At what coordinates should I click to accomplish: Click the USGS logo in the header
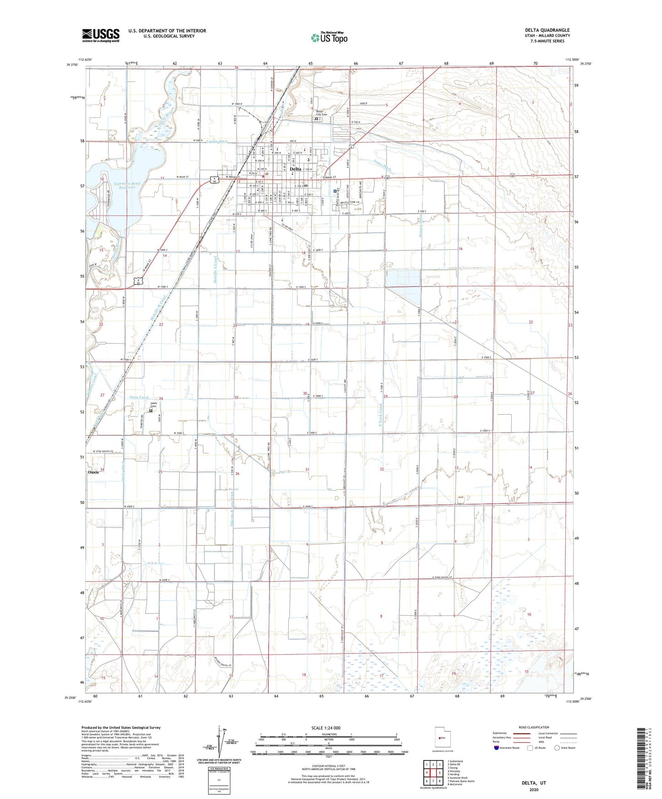tap(101, 35)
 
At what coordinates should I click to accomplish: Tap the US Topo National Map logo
tap(329, 38)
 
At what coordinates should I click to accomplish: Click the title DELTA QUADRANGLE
tap(547, 30)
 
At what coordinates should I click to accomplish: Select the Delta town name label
tap(295, 169)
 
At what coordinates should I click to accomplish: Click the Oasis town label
tap(93, 472)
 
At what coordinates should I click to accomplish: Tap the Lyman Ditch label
tap(217, 142)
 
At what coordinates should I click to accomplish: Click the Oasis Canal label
tap(139, 397)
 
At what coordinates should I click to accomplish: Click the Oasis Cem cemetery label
tap(154, 405)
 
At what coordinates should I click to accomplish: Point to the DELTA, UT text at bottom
tap(534, 783)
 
